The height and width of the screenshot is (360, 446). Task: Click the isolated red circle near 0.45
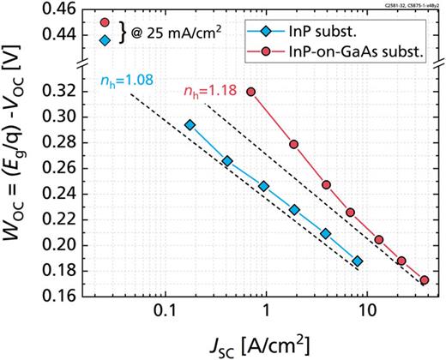[x=105, y=22]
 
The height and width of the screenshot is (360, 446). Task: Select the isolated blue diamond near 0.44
[x=105, y=40]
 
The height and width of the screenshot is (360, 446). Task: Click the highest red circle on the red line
[x=251, y=92]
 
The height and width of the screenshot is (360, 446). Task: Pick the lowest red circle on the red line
[x=425, y=280]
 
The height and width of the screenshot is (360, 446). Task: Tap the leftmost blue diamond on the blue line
[x=190, y=125]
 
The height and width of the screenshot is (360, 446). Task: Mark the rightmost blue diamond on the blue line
[x=357, y=261]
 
